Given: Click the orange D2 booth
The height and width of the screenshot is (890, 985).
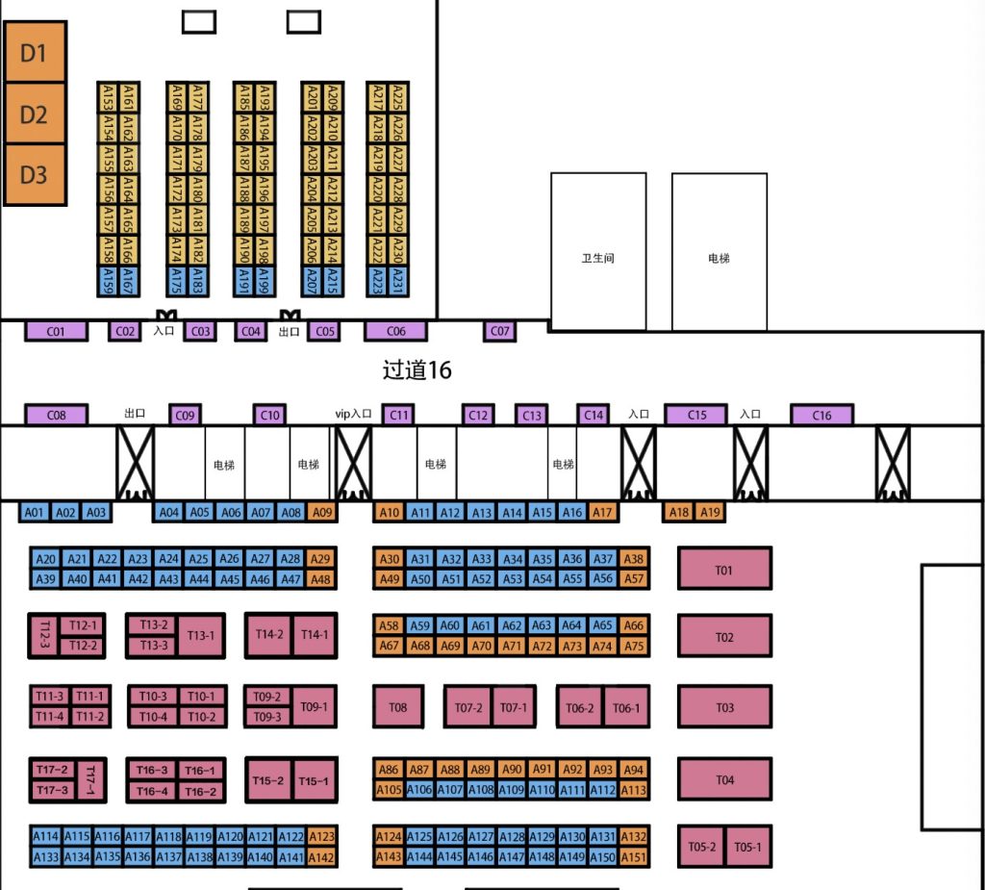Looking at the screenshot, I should click(34, 114).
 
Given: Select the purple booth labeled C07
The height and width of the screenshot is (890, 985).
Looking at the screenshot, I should click(500, 331).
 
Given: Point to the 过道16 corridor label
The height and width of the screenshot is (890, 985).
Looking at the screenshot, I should click(417, 369).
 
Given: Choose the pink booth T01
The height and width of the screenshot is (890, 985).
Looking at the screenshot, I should click(724, 570).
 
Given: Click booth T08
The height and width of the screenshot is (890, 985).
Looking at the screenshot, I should click(398, 708).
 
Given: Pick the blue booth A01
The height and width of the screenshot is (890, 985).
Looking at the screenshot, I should click(35, 513).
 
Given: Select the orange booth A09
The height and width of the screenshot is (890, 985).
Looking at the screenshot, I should click(323, 513).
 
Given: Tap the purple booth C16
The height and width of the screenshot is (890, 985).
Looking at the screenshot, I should click(821, 416).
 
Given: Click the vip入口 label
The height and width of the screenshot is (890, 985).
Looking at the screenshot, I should click(353, 414).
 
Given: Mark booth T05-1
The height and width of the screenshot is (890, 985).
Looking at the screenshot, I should click(747, 847).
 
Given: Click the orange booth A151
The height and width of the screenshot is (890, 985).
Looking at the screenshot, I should click(634, 857).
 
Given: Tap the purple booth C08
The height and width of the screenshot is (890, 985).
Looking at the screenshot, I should click(56, 416).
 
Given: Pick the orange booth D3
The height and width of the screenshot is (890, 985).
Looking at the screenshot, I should click(34, 174).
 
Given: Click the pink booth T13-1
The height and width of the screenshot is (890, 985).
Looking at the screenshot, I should click(201, 635).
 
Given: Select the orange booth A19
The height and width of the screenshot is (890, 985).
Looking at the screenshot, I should click(710, 513).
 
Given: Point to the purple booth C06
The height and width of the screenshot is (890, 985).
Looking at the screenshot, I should click(395, 331).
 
